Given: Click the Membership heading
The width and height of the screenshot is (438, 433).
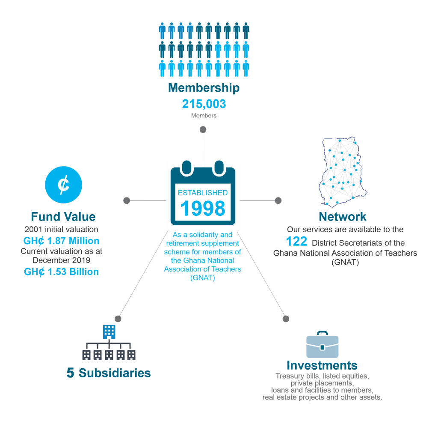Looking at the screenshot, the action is pos(204,88).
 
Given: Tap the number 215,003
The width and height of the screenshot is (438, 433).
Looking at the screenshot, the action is pos(204,104).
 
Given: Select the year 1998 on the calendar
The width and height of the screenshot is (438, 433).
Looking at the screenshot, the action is pos(203,209).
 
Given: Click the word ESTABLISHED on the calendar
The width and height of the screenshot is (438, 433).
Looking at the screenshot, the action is pos(203,193).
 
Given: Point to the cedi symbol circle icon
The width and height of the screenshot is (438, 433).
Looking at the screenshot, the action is pos(63,185).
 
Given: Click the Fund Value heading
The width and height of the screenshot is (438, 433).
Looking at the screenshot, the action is pos(63,217).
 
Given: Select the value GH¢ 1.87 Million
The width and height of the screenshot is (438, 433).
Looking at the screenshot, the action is pos(61,241).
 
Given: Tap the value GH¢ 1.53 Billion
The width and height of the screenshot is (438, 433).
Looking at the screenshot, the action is pos(61,272).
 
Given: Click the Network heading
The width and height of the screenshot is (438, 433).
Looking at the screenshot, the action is pos(343,217).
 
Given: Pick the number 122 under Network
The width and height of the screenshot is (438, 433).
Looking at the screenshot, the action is pos(296,242).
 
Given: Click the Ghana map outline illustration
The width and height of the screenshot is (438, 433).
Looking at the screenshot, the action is pos(343,172).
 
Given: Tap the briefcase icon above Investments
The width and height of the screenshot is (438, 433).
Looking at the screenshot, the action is pos(323,345).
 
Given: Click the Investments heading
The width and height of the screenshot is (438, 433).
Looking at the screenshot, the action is pos(322,365).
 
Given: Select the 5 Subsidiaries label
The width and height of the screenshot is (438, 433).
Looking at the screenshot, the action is pos(109,373).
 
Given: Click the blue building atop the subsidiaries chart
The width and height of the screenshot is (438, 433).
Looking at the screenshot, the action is pos(109,332).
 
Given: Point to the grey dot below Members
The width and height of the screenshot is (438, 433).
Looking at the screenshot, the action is pos(203,129).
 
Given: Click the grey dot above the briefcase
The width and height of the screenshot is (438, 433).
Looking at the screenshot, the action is pos(286,319).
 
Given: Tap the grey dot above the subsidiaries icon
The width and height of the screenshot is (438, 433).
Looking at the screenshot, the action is pos(118,319).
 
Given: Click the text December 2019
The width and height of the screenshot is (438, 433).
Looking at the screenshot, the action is pos(62,260).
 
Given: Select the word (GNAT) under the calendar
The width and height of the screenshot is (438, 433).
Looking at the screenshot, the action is pos(202,278).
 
